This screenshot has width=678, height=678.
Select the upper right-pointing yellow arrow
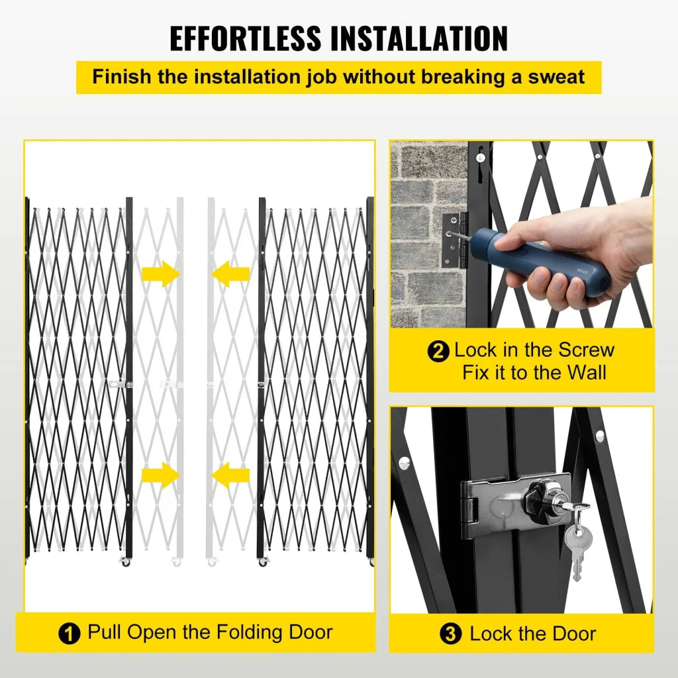(x=161, y=273)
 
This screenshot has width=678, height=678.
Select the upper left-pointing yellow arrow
(x=230, y=273)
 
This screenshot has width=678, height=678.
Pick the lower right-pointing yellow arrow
(x=161, y=475)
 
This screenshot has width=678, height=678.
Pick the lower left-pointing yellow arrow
(x=230, y=475)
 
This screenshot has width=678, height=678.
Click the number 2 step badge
(x=438, y=351)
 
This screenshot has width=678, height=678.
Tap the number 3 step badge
(x=451, y=634)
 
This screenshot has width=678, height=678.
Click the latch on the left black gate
(x=120, y=384)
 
